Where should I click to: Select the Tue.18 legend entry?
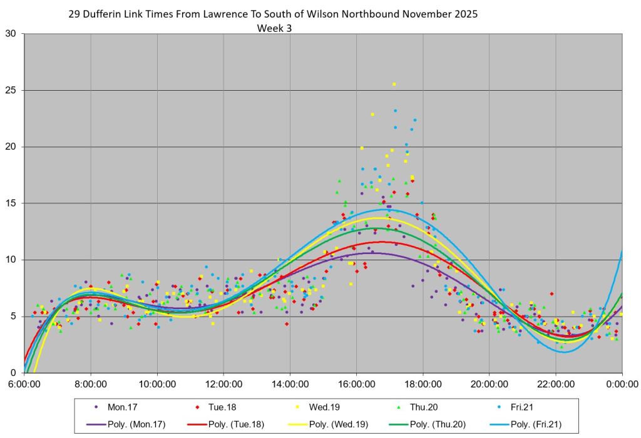click(224, 406)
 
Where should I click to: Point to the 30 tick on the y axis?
click(11, 34)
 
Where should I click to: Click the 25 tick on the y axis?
click(11, 90)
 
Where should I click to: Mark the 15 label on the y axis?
click(11, 203)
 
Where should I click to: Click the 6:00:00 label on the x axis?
click(24, 384)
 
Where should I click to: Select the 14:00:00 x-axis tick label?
click(290, 384)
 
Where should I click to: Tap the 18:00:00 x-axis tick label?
click(423, 384)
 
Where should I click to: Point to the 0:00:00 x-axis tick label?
click(622, 384)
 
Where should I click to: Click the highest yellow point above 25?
click(394, 84)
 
